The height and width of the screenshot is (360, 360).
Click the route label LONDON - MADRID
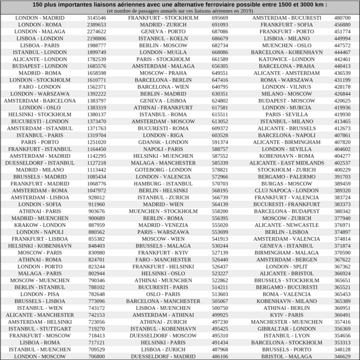[39, 18]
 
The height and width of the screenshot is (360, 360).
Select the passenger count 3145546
[96, 18]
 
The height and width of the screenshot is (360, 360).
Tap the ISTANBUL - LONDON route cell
[39, 52]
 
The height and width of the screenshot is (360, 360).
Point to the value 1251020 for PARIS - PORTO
[96, 142]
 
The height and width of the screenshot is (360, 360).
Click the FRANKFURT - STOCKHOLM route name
[163, 18]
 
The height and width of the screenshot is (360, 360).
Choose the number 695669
[219, 18]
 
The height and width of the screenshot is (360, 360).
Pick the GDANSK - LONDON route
[163, 142]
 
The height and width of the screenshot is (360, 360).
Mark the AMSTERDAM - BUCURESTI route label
[286, 18]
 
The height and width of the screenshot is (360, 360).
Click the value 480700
[342, 18]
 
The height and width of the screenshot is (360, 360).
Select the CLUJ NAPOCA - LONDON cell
[286, 191]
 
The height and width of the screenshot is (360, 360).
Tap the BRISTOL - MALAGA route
[286, 356]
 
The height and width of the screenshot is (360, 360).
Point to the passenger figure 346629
[342, 356]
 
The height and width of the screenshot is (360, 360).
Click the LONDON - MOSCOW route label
[39, 356]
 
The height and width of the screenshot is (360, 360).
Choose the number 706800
[96, 356]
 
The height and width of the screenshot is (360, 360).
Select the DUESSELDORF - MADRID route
[163, 356]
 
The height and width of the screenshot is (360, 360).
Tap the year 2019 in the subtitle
[247, 10]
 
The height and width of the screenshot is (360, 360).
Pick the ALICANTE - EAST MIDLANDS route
[286, 163]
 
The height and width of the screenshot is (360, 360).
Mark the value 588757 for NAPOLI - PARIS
[219, 149]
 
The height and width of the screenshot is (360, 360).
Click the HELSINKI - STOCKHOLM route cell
[39, 114]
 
